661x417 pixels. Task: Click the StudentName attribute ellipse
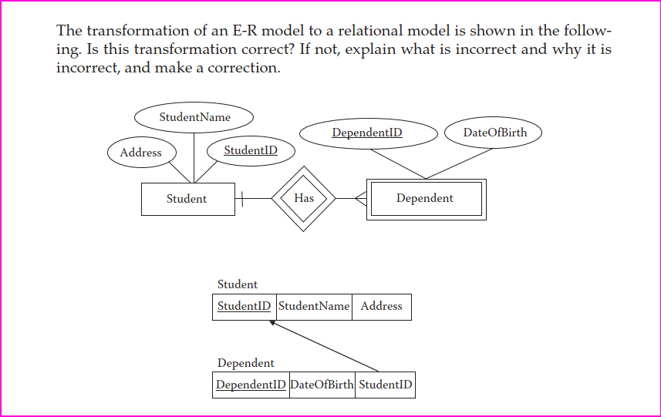tap(194, 117)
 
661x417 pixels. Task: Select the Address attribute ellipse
tap(141, 153)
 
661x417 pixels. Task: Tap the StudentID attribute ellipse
tap(251, 150)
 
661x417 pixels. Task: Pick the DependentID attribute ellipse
tap(367, 133)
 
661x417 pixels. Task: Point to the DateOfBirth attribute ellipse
tap(494, 133)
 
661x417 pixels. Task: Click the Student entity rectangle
tap(187, 199)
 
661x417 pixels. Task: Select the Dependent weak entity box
tap(425, 199)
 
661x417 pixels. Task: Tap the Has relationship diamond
tap(304, 199)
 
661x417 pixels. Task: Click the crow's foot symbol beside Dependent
tap(360, 199)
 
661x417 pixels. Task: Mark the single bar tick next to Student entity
tap(241, 199)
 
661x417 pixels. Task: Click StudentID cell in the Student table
tap(244, 307)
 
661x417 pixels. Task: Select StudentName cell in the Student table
tap(314, 307)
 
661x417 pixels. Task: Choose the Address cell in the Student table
tap(381, 307)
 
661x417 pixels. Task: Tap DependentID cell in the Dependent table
tap(251, 385)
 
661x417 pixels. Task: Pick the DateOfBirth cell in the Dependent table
tap(322, 385)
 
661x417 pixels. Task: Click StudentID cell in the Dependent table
tap(385, 385)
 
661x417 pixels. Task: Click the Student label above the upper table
tap(238, 284)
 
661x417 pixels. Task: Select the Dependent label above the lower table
tap(245, 363)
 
